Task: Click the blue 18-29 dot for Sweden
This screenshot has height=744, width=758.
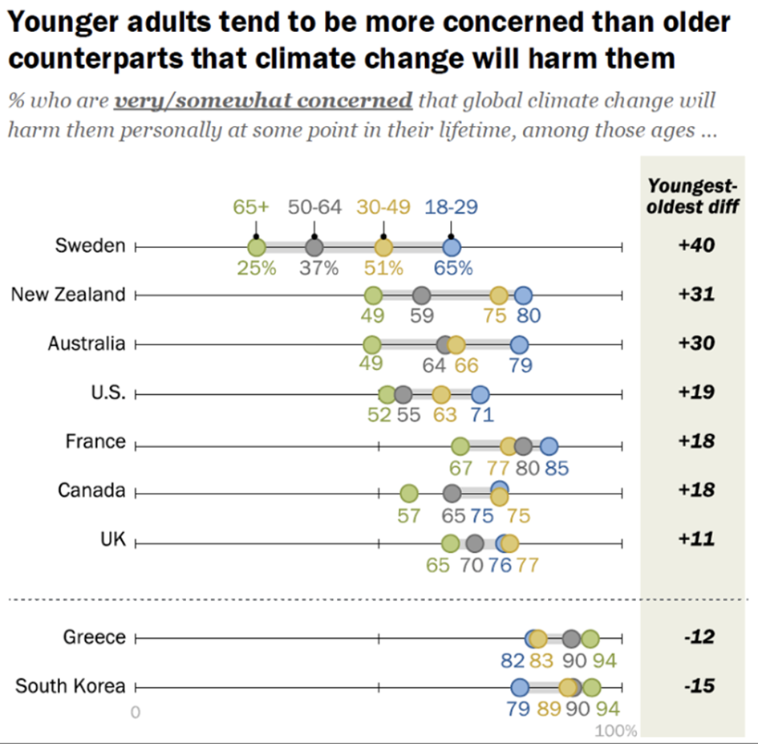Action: point(452,246)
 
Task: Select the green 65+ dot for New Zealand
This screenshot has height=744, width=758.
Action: point(373,295)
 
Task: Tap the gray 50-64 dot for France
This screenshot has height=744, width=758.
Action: point(524,446)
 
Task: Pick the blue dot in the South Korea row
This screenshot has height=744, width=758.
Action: point(520,687)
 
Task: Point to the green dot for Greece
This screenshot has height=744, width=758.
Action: point(590,639)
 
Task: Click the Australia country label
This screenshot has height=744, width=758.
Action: point(87,344)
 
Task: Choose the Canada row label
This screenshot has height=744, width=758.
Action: point(91,490)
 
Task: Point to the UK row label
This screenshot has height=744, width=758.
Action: point(113,540)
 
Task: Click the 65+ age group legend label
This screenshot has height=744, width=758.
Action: point(256,206)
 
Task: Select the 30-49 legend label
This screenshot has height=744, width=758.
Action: point(383,206)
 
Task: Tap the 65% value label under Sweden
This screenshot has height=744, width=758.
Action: point(452,268)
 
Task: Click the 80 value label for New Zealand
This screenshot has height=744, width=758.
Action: point(529,315)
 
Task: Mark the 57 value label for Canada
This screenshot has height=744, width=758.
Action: point(409,515)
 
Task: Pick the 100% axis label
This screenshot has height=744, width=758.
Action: point(616,731)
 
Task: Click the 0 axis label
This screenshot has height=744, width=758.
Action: point(136,712)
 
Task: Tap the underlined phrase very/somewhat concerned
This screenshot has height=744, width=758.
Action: point(264,102)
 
